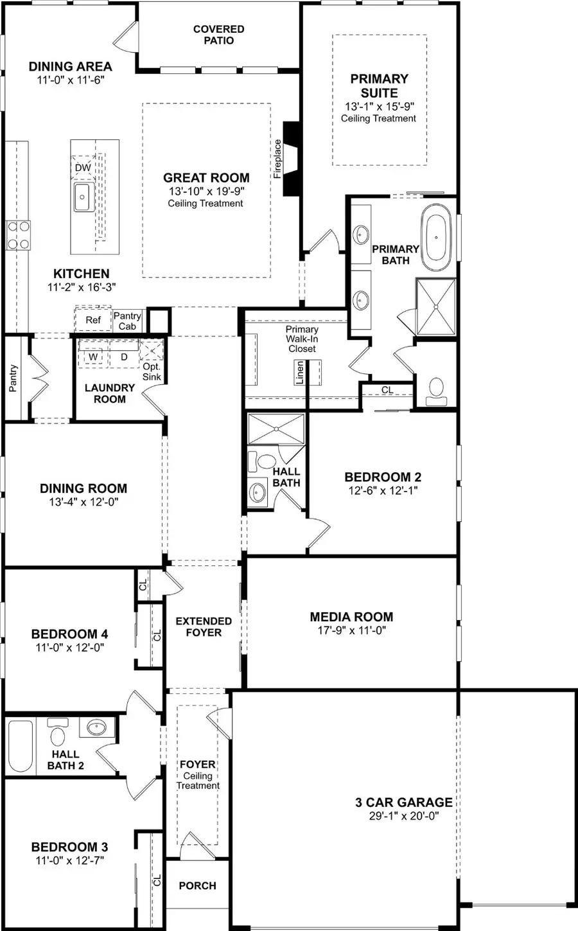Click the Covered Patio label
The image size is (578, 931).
click(x=218, y=35)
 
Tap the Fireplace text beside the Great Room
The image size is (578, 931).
click(x=277, y=159)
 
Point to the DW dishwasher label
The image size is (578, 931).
click(x=83, y=168)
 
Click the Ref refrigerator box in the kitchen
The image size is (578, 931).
click(x=93, y=320)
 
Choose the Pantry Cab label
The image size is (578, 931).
click(x=127, y=321)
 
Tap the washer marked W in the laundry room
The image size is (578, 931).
click(x=93, y=356)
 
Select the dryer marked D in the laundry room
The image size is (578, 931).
click(x=124, y=356)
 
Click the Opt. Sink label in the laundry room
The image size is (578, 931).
click(x=152, y=371)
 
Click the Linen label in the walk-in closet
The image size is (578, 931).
click(x=299, y=373)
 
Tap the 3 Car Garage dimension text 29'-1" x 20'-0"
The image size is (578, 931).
click(x=403, y=816)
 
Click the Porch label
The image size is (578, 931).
click(x=197, y=885)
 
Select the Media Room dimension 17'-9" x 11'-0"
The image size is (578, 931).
click(x=351, y=630)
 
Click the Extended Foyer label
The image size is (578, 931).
click(x=204, y=626)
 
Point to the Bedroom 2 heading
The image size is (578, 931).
click(x=383, y=477)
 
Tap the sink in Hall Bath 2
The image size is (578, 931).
click(x=96, y=728)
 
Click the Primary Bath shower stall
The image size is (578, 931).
click(x=436, y=306)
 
